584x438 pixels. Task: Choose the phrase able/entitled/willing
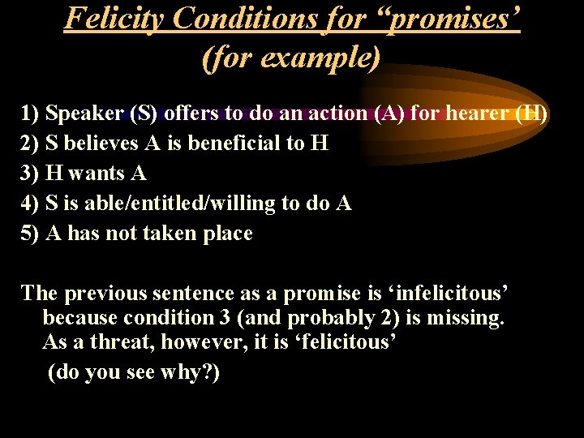pyautogui.click(x=188, y=204)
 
